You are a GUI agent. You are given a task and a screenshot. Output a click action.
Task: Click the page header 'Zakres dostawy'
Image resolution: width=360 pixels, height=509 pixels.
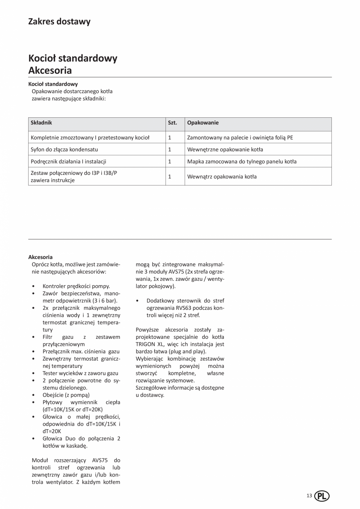(x=59, y=22)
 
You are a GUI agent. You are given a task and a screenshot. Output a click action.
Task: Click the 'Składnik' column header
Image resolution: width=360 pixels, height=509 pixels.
(x=41, y=123)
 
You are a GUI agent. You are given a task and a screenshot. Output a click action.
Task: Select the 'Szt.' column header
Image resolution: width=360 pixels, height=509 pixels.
(x=172, y=123)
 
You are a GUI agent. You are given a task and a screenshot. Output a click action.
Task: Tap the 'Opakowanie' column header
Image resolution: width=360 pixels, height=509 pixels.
(x=203, y=123)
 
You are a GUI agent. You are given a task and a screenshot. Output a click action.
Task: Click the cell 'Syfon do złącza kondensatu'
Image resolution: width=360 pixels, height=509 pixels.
(x=64, y=149)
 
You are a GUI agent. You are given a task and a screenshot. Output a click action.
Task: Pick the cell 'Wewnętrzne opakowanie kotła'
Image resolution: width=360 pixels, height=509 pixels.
(x=225, y=149)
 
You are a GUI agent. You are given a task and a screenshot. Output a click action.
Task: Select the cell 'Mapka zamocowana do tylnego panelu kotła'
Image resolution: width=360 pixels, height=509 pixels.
(x=242, y=162)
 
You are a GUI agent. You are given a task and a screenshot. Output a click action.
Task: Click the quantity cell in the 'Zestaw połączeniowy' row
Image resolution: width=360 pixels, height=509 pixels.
(x=170, y=176)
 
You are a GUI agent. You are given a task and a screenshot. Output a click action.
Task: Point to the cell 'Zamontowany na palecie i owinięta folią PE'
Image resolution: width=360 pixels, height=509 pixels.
(x=240, y=138)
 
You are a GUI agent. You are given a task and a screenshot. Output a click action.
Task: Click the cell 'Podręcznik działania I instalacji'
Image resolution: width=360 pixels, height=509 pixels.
(x=68, y=162)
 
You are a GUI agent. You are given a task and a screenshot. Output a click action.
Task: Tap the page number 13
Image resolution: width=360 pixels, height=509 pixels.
(x=309, y=496)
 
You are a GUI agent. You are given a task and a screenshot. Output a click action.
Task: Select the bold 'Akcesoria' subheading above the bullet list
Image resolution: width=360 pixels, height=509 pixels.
(x=40, y=257)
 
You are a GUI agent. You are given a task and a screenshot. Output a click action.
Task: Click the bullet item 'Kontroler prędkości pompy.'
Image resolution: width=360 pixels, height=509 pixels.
(x=76, y=286)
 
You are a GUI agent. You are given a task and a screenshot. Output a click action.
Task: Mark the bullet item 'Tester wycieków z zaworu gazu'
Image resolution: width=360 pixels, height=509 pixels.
(x=80, y=373)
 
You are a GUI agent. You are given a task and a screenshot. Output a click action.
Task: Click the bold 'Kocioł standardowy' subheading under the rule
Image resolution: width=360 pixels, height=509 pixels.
(x=53, y=84)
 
